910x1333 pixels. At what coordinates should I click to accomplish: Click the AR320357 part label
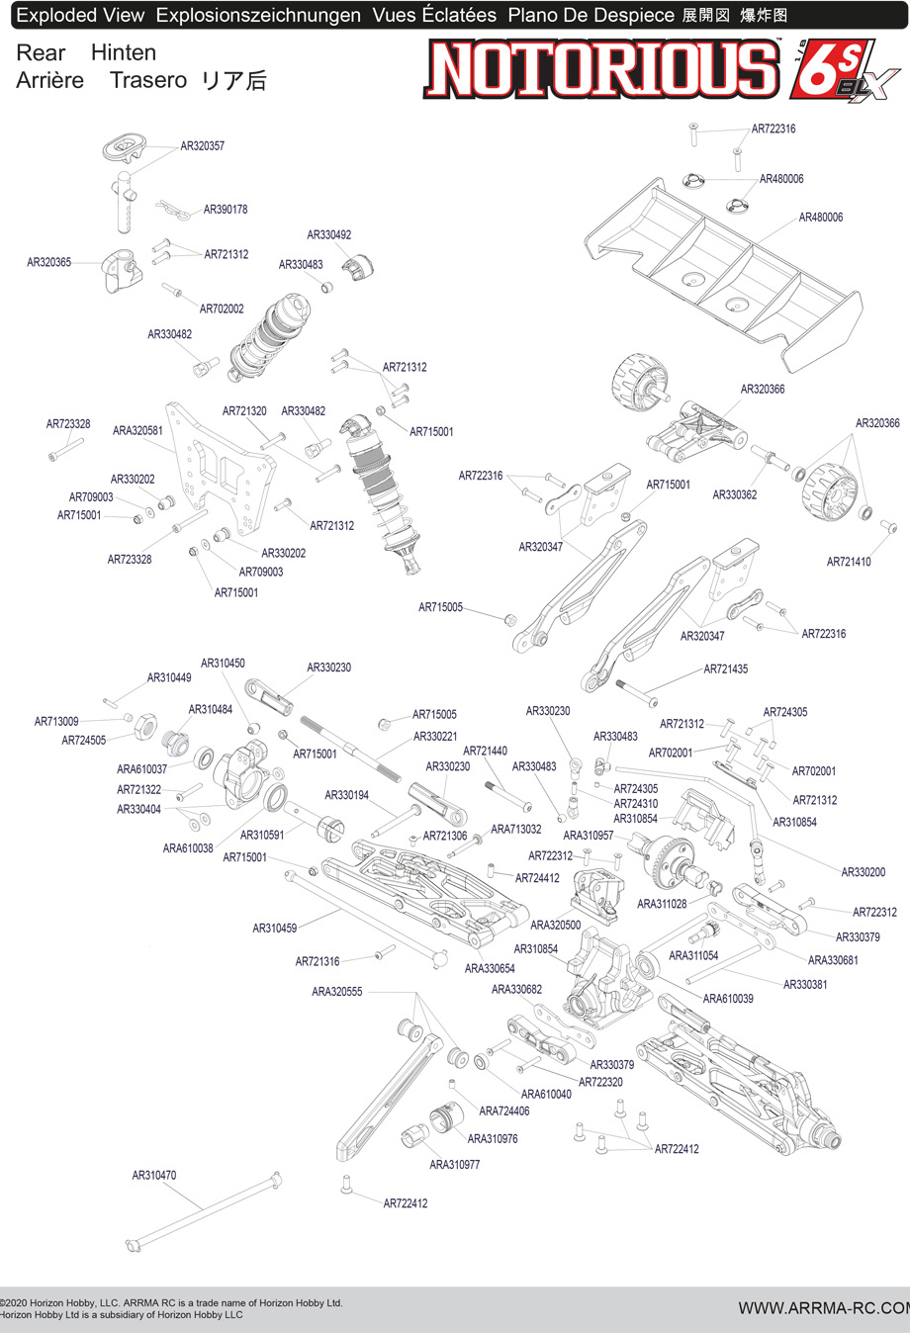coord(202,146)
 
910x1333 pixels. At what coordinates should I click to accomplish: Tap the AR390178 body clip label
coord(226,210)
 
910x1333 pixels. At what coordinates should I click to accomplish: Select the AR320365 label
coord(48,262)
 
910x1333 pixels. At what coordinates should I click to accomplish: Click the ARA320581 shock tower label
coord(137,431)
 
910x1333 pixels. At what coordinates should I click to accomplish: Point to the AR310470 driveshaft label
coord(154,1176)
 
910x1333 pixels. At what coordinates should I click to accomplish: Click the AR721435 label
coord(726,669)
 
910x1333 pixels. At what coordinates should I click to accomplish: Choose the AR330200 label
coord(864,872)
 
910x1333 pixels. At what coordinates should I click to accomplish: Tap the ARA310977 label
coord(455,1165)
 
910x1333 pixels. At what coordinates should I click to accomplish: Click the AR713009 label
coord(56,722)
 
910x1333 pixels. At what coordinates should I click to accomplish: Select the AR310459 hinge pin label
coord(274,929)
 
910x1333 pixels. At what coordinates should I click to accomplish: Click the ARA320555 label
coord(337,992)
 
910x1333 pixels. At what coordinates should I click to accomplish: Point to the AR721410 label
coord(849,562)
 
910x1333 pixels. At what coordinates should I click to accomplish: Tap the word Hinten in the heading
coord(124,53)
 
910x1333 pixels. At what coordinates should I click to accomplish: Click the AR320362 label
coord(735,494)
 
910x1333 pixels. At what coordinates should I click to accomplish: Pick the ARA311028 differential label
coord(662,904)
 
